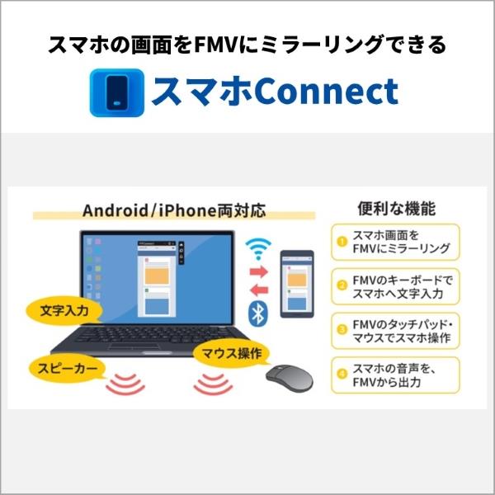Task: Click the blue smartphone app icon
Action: click(x=117, y=92)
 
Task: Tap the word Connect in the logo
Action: click(x=326, y=92)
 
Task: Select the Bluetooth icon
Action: click(x=258, y=314)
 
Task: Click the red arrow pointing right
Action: click(x=259, y=271)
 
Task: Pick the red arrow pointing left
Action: click(x=259, y=290)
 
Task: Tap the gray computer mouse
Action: click(x=290, y=378)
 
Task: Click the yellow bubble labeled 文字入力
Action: click(x=64, y=311)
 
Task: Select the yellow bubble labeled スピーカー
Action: click(x=68, y=369)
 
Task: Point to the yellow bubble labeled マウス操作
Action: click(x=232, y=353)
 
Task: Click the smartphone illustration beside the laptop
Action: click(x=297, y=284)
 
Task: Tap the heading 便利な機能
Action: click(x=397, y=209)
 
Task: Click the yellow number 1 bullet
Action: click(x=342, y=242)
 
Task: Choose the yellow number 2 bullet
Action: click(x=342, y=286)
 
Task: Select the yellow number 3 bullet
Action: click(x=342, y=330)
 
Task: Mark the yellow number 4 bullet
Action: click(x=342, y=375)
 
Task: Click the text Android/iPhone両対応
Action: click(x=174, y=210)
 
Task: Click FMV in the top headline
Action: click(x=215, y=45)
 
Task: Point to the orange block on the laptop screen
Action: click(x=157, y=276)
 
